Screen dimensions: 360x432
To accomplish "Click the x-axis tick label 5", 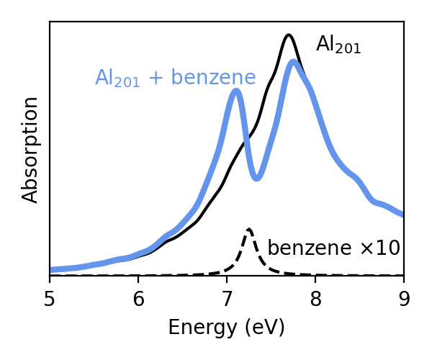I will tap(50, 297).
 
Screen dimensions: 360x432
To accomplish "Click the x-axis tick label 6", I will tap(138, 297).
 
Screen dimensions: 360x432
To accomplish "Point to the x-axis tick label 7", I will tap(227, 297).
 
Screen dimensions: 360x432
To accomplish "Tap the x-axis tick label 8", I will tap(315, 297).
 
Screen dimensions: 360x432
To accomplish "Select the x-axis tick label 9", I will tap(404, 297).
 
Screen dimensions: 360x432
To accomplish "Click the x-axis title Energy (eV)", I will tap(226, 328).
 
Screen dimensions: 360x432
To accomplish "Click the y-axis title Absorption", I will tap(30, 150).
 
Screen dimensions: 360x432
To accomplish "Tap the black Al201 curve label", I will tap(338, 45).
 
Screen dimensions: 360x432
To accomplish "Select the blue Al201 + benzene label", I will tap(175, 78).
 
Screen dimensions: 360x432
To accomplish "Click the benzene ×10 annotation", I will tap(333, 248).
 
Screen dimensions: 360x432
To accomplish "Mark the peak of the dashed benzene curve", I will tap(248, 230).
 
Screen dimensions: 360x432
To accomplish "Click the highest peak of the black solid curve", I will tap(289, 35).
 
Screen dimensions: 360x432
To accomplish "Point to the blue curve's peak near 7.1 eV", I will tap(235, 91).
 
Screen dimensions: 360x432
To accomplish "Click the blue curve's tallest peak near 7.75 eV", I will tap(294, 62).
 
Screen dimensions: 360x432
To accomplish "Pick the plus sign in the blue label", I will tap(155, 78).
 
